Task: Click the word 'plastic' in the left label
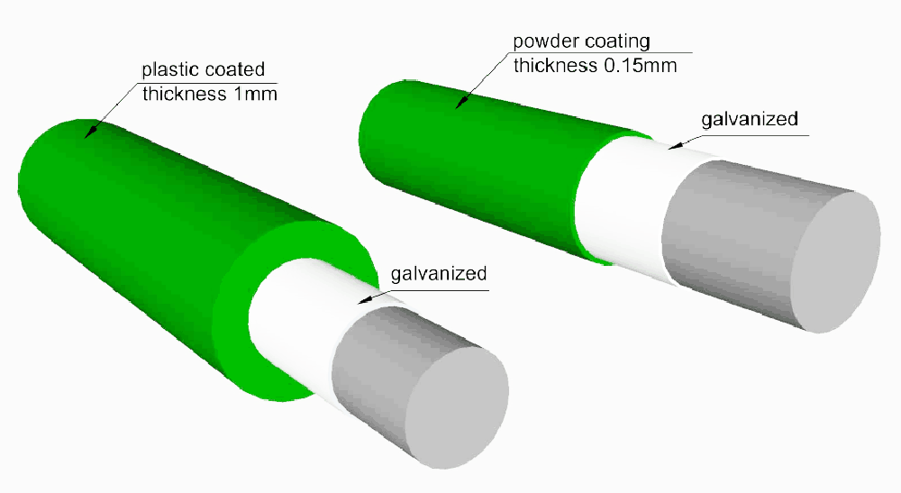tap(170, 70)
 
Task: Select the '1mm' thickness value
tap(255, 94)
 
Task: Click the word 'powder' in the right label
tap(546, 42)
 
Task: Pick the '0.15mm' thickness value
tap(640, 66)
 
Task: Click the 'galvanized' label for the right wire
tap(750, 120)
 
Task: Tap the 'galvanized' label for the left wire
tap(439, 273)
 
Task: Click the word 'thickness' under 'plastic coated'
tap(185, 94)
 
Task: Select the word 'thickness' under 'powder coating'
tap(555, 66)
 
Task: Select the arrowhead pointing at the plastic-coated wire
tap(89, 132)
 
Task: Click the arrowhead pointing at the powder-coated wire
tap(460, 102)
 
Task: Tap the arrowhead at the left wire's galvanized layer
tap(364, 299)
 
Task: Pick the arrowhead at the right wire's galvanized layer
tap(676, 145)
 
